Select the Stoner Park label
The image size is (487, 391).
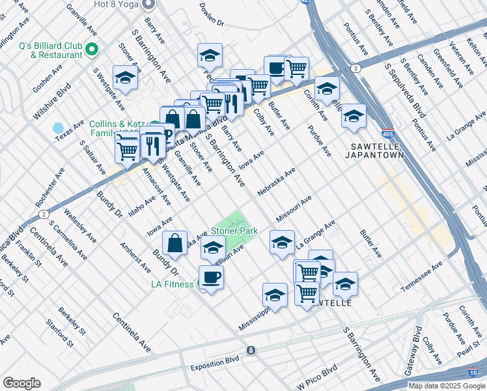point(234,231)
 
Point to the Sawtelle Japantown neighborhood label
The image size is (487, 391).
point(377,151)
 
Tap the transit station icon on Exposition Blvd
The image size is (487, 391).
point(250,351)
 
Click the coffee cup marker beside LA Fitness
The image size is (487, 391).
point(211,277)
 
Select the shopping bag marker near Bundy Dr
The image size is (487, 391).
point(175,244)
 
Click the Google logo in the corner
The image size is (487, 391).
point(21,383)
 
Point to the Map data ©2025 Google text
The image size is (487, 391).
point(446,385)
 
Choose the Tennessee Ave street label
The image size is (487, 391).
point(422,276)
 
